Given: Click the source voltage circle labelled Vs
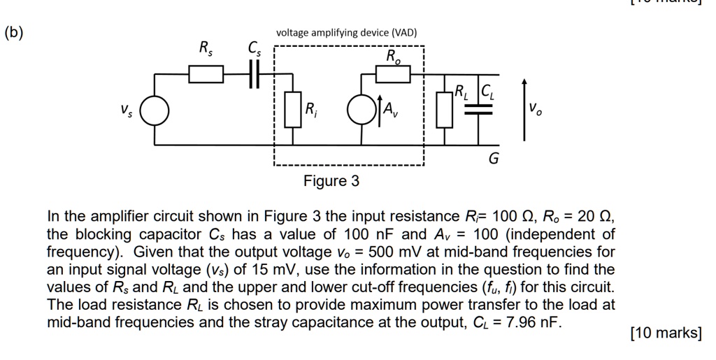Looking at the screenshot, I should pyautogui.click(x=155, y=110).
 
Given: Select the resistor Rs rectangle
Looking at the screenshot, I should pyautogui.click(x=206, y=73).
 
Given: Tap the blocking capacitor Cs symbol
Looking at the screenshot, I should pyautogui.click(x=255, y=73).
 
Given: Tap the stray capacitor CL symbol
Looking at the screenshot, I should pyautogui.click(x=479, y=109).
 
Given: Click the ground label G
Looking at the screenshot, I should pyautogui.click(x=493, y=159).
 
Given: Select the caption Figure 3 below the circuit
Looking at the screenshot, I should pyautogui.click(x=331, y=182).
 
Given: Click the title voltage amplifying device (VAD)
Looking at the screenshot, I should pyautogui.click(x=346, y=33).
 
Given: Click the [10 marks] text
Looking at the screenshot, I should pyautogui.click(x=666, y=333).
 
